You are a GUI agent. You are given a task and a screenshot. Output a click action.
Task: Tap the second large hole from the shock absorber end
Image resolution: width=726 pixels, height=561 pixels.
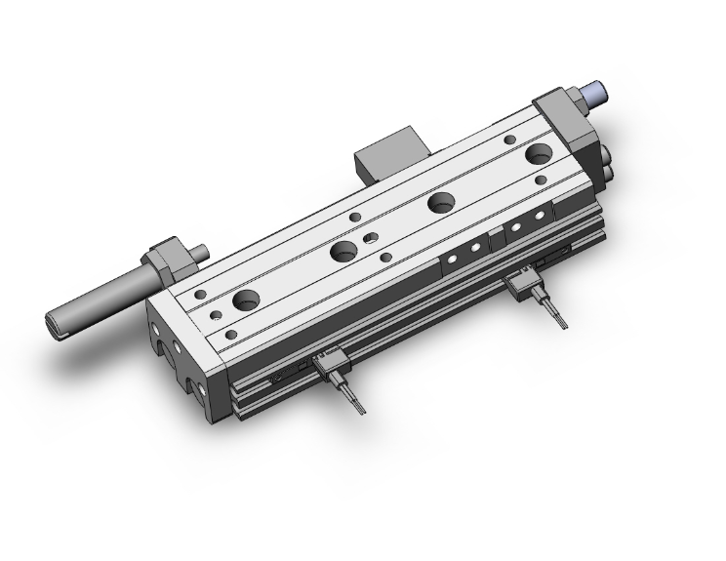tap(343, 251)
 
